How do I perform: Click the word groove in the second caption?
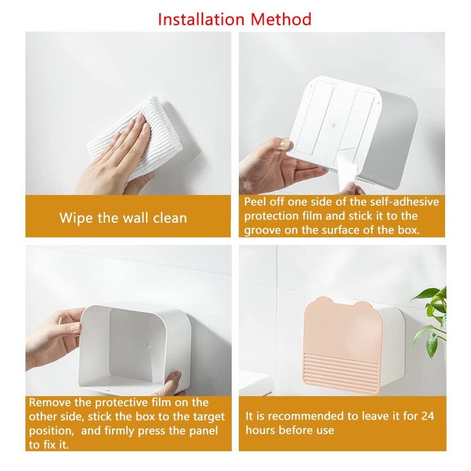pyautogui.click(x=263, y=230)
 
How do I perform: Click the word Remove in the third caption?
pyautogui.click(x=49, y=402)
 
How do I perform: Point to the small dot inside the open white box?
pyautogui.click(x=149, y=341)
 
